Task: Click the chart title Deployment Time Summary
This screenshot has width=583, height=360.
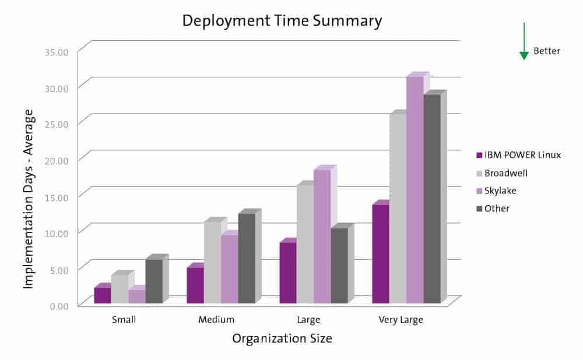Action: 282,22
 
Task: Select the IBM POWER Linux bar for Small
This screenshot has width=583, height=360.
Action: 103,295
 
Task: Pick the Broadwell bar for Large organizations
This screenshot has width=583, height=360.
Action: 305,244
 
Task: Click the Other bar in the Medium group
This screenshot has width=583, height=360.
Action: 247,258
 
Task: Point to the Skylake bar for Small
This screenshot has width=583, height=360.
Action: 137,297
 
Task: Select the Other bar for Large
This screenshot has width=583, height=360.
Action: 339,266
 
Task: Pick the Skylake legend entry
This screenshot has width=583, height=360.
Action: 500,190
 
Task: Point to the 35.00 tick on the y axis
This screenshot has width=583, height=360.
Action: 57,52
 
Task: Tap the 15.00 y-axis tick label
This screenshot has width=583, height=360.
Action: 57,197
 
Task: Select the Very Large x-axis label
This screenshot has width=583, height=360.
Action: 401,320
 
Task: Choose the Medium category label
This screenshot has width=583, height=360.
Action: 216,320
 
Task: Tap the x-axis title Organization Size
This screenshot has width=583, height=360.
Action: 282,338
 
